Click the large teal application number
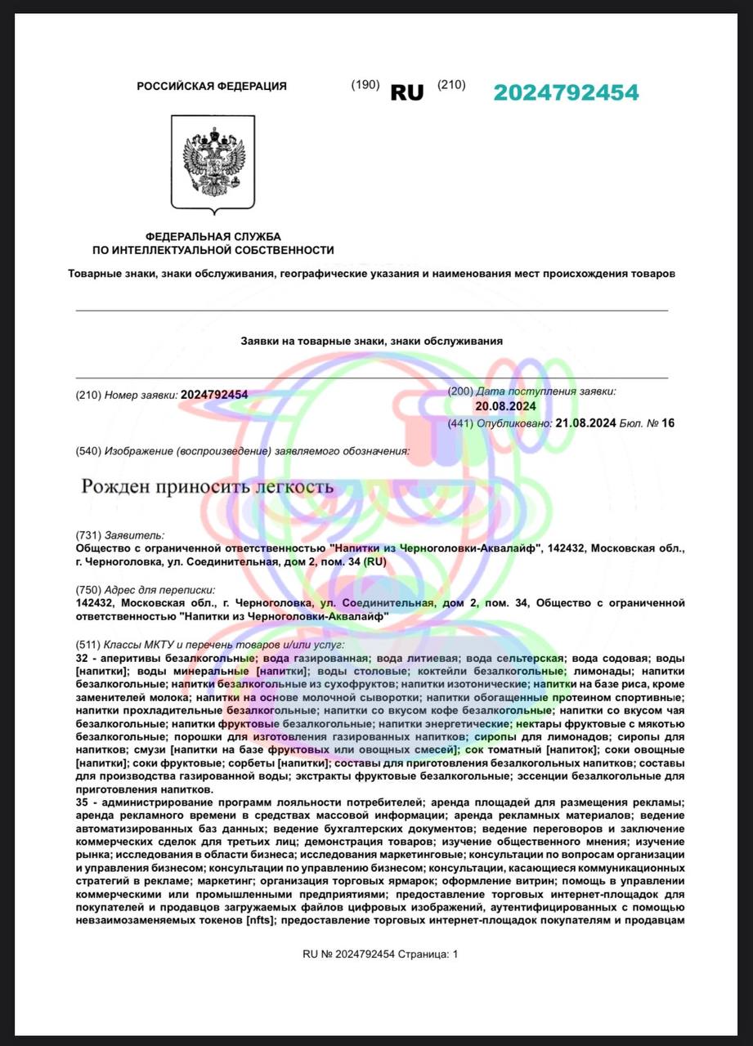[x=566, y=93]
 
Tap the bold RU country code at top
[x=407, y=93]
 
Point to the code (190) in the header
[x=365, y=85]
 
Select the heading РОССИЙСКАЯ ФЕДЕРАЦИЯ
[x=212, y=86]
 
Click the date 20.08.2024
[x=505, y=406]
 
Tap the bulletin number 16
[x=668, y=423]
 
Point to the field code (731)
[x=87, y=534]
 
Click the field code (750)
[x=87, y=590]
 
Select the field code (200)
[x=460, y=391]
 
